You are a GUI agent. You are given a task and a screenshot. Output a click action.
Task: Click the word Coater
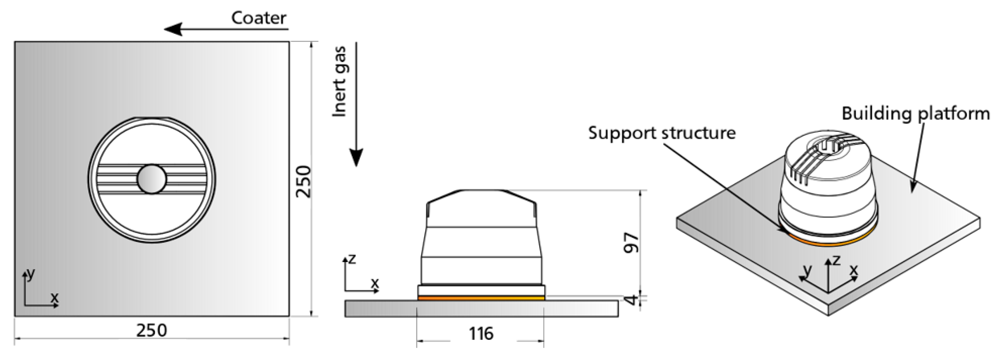tap(259, 18)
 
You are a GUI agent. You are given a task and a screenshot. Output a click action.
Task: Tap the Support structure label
tap(662, 133)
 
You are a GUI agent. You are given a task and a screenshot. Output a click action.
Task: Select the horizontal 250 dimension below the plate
tap(152, 330)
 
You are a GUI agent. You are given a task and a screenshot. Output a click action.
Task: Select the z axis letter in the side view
tap(352, 258)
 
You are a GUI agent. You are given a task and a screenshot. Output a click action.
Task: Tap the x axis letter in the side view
tap(375, 283)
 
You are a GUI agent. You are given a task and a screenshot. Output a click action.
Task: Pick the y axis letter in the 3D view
tap(808, 270)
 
